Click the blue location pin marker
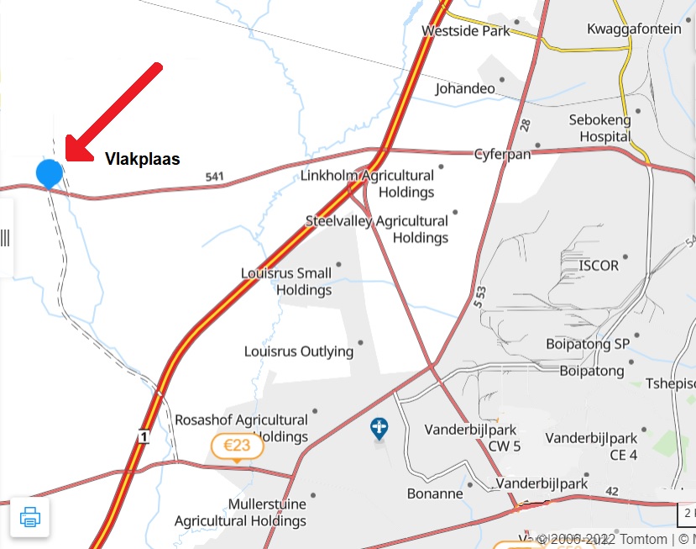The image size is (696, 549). [50, 173]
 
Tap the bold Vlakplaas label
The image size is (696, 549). [142, 158]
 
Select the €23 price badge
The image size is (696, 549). [237, 446]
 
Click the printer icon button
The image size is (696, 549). [30, 516]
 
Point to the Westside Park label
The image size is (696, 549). [466, 31]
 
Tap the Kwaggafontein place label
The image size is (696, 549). [634, 29]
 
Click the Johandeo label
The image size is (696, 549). [464, 87]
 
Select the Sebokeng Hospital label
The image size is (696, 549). [599, 128]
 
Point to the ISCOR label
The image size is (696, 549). [599, 266]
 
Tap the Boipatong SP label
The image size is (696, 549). [588, 343]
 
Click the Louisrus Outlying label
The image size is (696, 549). [298, 351]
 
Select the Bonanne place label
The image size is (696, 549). [435, 494]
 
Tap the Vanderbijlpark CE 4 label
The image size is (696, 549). [591, 446]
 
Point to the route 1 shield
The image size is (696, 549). [144, 436]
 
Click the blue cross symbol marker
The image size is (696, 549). [379, 430]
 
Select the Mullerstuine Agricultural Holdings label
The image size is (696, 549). [240, 513]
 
